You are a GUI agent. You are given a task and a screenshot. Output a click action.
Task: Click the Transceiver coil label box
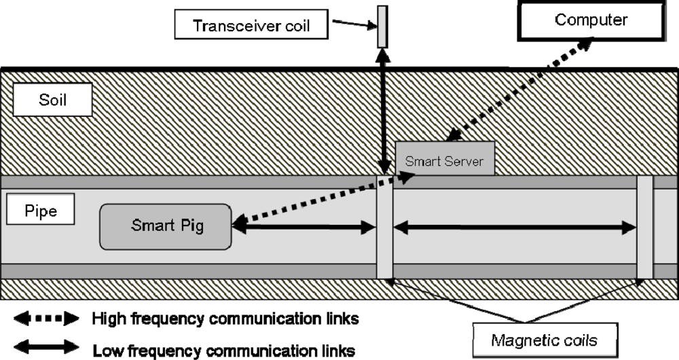(x=251, y=25)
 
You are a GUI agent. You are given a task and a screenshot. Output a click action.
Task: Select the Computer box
(x=591, y=20)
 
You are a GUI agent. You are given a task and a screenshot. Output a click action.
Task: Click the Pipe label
(x=41, y=211)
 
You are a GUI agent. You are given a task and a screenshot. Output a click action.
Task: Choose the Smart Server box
(x=445, y=161)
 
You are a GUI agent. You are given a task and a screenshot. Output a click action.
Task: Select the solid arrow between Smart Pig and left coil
(x=304, y=230)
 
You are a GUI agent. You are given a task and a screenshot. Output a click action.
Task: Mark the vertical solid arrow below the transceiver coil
(x=384, y=112)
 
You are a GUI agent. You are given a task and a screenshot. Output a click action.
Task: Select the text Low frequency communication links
(x=224, y=350)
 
